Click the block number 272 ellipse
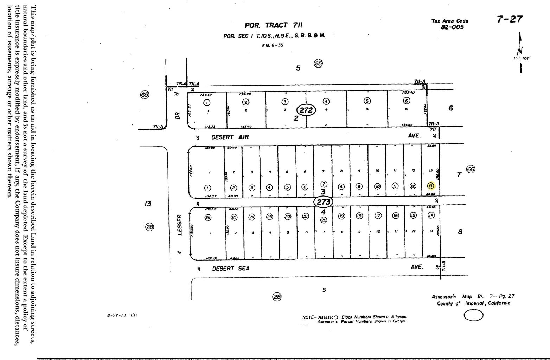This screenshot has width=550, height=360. (306, 110)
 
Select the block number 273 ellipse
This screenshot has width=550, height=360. (323, 202)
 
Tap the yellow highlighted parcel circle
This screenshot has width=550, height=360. (431, 186)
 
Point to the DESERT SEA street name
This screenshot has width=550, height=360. (231, 269)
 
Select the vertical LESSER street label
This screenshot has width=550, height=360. (179, 225)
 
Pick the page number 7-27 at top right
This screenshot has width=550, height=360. (510, 19)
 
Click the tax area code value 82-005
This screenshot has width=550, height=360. (452, 27)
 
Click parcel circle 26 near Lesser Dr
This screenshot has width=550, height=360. (208, 217)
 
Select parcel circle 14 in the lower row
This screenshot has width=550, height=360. (431, 215)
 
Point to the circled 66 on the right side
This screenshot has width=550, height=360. (471, 169)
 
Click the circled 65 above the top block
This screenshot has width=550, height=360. (318, 64)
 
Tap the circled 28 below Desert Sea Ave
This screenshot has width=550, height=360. (277, 297)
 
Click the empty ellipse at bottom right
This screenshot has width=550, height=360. (473, 315)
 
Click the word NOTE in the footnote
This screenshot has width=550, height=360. (308, 317)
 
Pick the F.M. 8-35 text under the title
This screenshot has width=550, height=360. (273, 45)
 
